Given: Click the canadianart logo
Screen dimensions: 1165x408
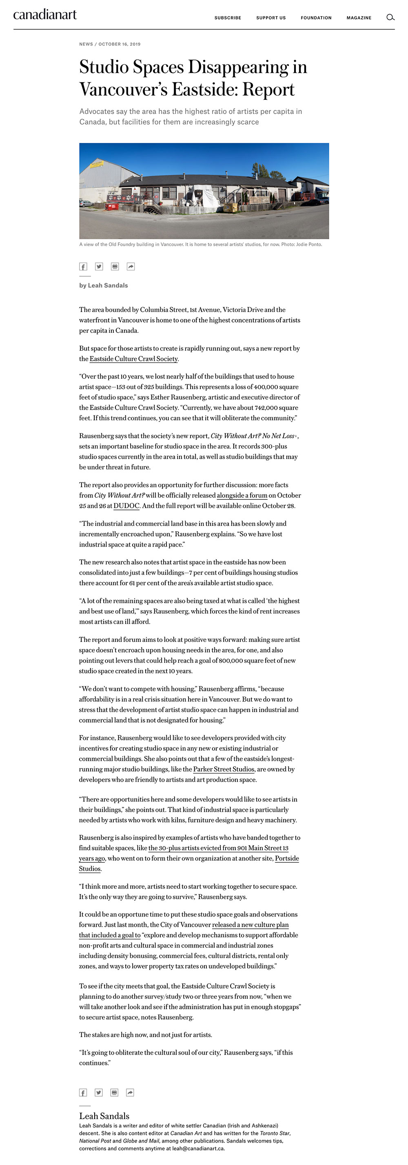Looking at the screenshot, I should (x=45, y=15).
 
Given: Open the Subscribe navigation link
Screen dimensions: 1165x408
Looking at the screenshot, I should (x=228, y=18).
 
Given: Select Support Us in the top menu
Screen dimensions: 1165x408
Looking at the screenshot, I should (x=271, y=18).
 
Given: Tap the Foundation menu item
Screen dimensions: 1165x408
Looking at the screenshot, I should (x=316, y=18).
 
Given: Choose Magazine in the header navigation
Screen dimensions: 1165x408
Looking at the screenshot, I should (x=359, y=18).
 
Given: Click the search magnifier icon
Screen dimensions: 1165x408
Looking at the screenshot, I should (x=390, y=18).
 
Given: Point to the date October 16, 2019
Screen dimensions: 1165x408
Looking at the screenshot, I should (x=120, y=44).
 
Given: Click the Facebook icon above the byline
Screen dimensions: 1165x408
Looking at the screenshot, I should (x=83, y=267).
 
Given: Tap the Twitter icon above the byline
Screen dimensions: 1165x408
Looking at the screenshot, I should (x=99, y=267).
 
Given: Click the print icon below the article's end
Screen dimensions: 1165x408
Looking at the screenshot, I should (x=115, y=1092).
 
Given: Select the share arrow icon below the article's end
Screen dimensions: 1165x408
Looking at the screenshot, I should (x=130, y=1092).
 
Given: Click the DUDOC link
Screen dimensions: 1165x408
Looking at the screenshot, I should (x=126, y=506).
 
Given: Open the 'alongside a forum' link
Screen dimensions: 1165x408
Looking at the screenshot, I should (x=242, y=496).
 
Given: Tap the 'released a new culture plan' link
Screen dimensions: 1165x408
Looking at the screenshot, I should (x=250, y=925).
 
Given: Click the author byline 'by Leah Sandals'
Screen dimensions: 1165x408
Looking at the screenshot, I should (x=104, y=286).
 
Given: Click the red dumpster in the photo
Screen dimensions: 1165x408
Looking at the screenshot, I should (x=111, y=207).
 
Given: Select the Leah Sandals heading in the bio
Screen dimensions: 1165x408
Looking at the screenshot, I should (x=104, y=1116).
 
